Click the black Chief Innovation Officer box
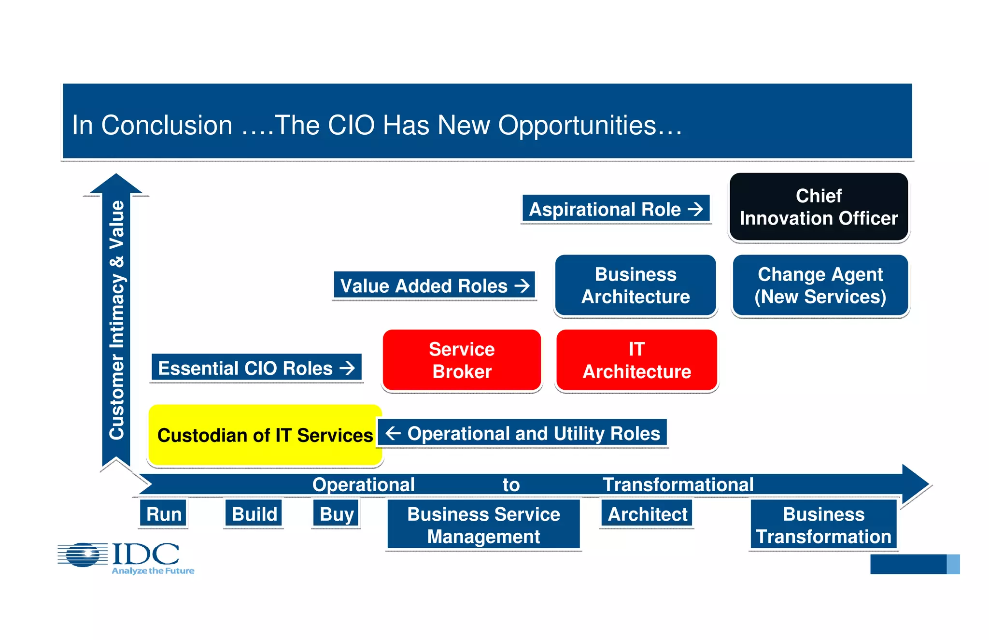click(819, 207)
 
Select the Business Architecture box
click(636, 285)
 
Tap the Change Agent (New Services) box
click(820, 285)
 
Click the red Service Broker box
click(462, 360)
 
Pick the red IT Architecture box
click(636, 360)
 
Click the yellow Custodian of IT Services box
click(265, 435)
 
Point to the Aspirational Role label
click(616, 209)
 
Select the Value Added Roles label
click(434, 285)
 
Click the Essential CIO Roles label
click(256, 368)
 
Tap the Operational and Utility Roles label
click(523, 433)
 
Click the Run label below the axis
click(164, 514)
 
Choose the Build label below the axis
click(254, 514)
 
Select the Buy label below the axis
click(337, 514)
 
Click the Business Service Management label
click(483, 525)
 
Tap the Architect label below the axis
click(647, 514)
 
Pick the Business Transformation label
click(823, 525)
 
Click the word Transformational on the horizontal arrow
click(678, 484)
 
